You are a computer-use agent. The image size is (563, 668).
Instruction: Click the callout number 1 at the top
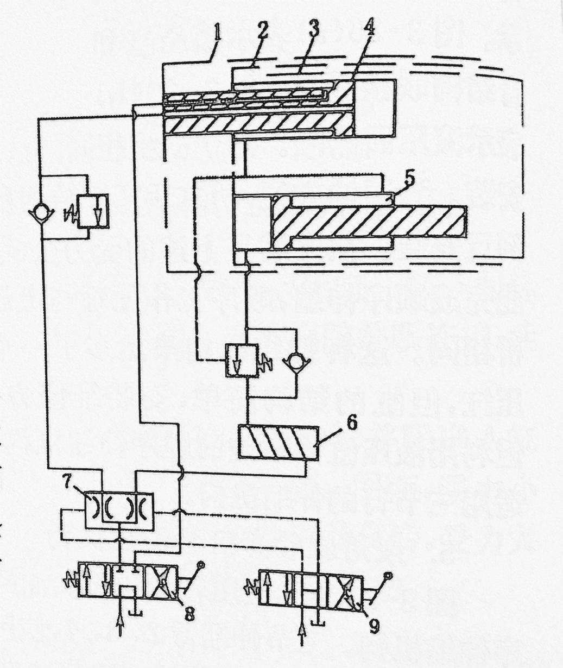tap(217, 32)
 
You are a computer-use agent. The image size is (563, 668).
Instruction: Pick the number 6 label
tap(352, 423)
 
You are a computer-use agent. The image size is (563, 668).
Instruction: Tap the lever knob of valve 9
tap(387, 575)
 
